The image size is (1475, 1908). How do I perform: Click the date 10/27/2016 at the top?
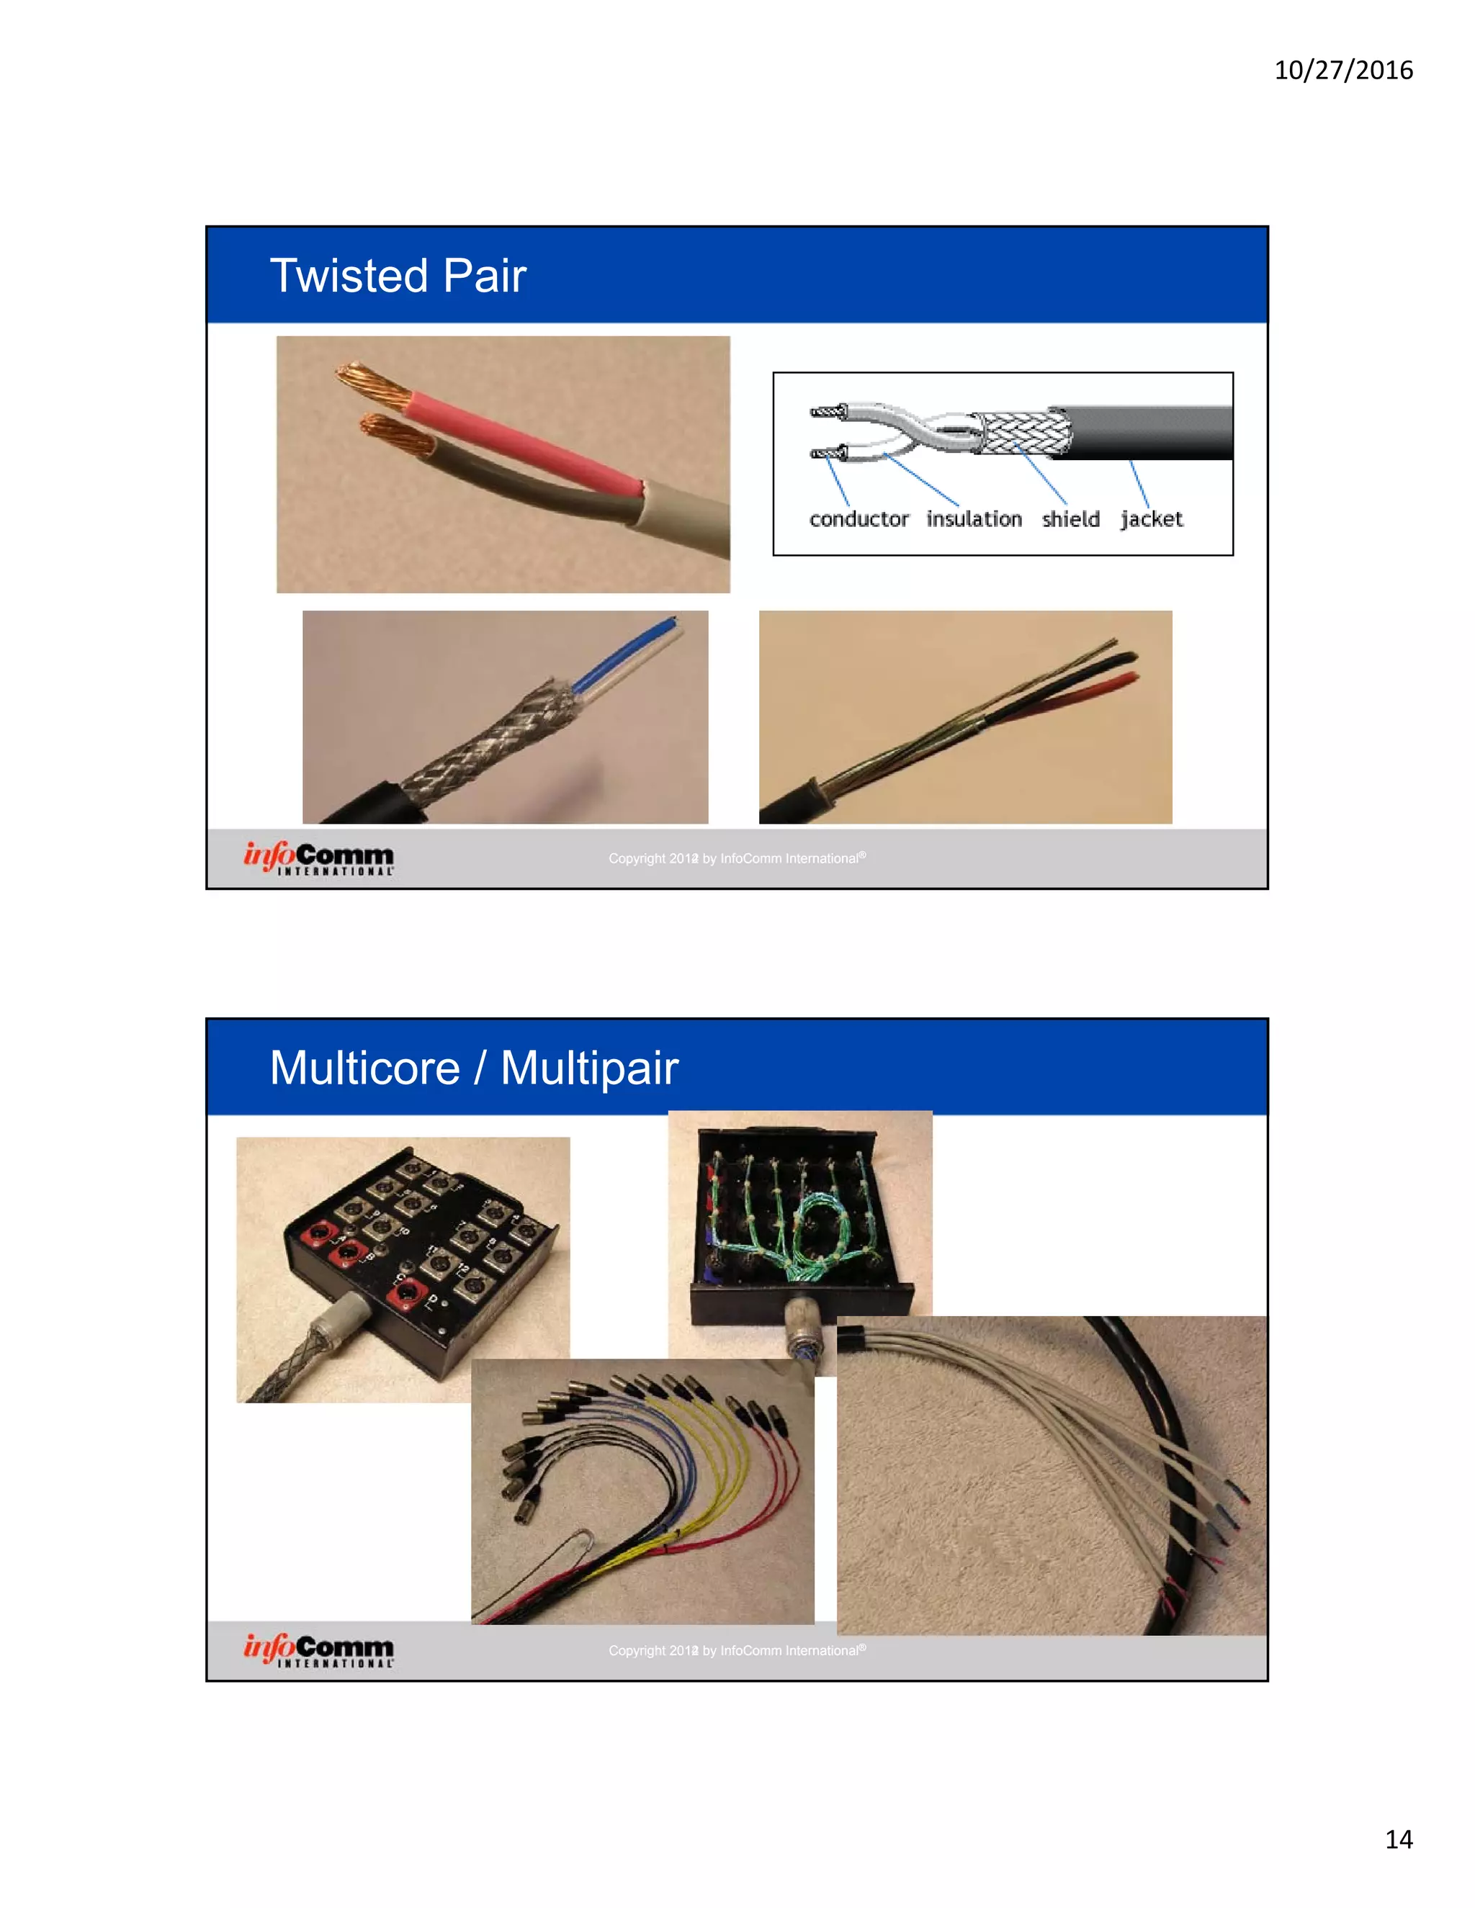(x=1343, y=70)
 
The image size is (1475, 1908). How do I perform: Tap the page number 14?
(x=1398, y=1839)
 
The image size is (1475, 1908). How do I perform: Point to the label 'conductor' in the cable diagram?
(x=858, y=519)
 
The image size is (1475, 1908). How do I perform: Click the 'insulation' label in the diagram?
(x=974, y=519)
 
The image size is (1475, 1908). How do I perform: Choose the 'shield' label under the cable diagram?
(x=1070, y=519)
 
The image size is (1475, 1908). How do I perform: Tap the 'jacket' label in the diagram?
(x=1151, y=519)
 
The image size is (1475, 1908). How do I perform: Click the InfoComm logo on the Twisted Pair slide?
(x=319, y=858)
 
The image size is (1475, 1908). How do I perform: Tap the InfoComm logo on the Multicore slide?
(x=319, y=1650)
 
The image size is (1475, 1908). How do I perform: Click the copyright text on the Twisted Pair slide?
(x=737, y=858)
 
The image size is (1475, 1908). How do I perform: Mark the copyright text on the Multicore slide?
(x=737, y=1650)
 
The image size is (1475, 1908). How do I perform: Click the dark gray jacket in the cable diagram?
(x=1154, y=433)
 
